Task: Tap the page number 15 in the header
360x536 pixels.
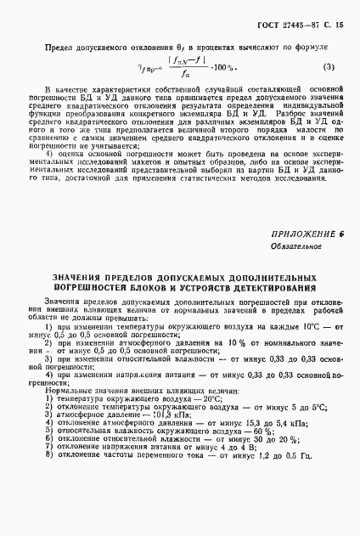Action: (x=335, y=26)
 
